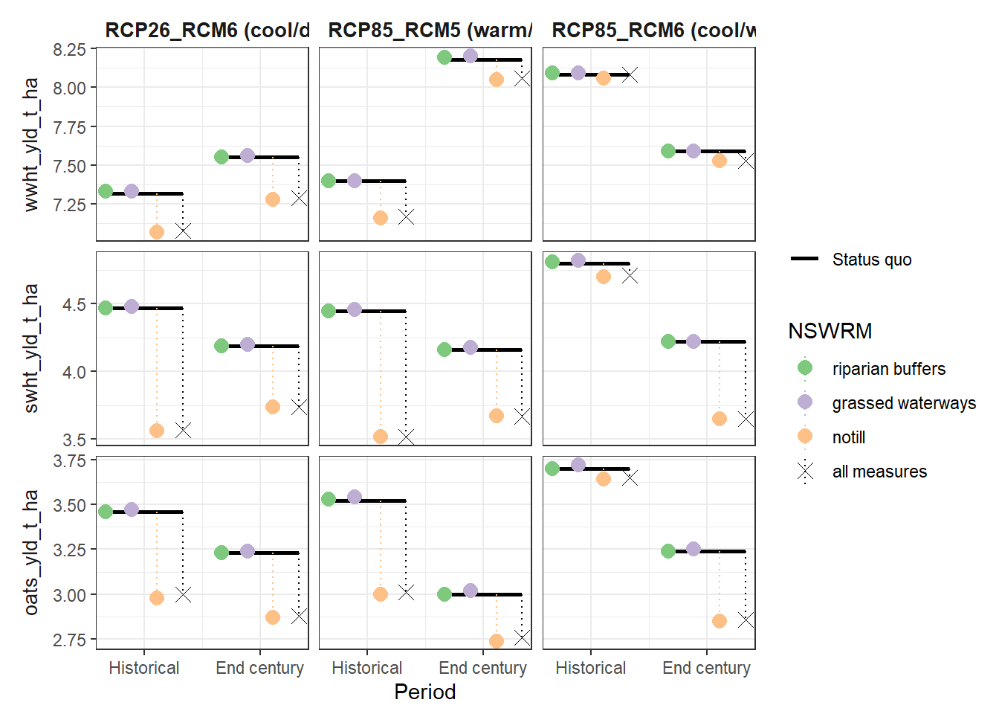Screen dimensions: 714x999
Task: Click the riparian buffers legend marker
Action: pyautogui.click(x=805, y=368)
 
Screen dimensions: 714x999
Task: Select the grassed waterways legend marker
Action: pyautogui.click(x=805, y=402)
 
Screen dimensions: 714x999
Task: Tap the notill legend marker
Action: pyautogui.click(x=805, y=437)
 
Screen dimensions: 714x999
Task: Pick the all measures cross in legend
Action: pyautogui.click(x=805, y=472)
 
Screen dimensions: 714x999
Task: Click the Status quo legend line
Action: pyautogui.click(x=805, y=259)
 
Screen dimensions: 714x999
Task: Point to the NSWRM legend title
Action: pyautogui.click(x=830, y=331)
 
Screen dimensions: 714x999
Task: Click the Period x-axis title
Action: pyautogui.click(x=424, y=692)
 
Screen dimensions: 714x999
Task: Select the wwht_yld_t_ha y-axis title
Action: pyautogui.click(x=30, y=144)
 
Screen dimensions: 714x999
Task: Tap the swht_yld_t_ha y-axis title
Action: pyautogui.click(x=30, y=348)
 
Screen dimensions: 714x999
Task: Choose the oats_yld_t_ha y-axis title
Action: pyautogui.click(x=30, y=553)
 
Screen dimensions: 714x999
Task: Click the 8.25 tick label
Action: pyautogui.click(x=69, y=50)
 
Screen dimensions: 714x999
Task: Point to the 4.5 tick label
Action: pyautogui.click(x=74, y=305)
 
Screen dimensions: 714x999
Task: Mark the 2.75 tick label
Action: pyautogui.click(x=69, y=640)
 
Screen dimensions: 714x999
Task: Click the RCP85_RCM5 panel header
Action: pyautogui.click(x=430, y=30)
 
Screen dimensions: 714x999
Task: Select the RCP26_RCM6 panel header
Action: pyautogui.click(x=207, y=30)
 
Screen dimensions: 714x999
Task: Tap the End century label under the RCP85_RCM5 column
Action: pyautogui.click(x=482, y=668)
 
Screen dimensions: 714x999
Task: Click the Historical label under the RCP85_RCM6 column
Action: pyautogui.click(x=590, y=668)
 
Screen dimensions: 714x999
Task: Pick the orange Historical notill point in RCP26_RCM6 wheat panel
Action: pyautogui.click(x=157, y=232)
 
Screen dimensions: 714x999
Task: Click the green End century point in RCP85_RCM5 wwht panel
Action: pyautogui.click(x=444, y=57)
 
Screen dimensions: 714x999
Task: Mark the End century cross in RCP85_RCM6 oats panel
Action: pyautogui.click(x=746, y=620)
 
